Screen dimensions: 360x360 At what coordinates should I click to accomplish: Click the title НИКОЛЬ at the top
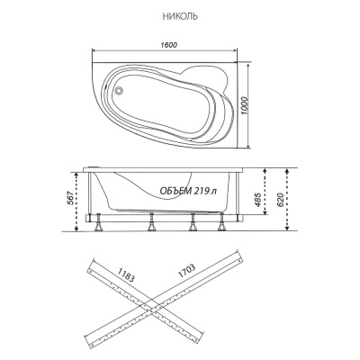click(180, 16)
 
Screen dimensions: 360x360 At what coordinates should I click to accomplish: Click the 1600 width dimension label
click(168, 45)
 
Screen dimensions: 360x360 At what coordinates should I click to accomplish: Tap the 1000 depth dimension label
click(244, 106)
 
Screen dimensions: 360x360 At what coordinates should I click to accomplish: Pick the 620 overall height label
click(280, 200)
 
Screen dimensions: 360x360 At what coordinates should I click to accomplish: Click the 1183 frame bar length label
click(126, 274)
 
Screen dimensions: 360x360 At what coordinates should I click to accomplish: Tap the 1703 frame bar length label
click(186, 271)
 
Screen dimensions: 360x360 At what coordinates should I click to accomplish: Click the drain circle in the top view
click(119, 90)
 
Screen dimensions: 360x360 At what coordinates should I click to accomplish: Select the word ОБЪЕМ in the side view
click(175, 191)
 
